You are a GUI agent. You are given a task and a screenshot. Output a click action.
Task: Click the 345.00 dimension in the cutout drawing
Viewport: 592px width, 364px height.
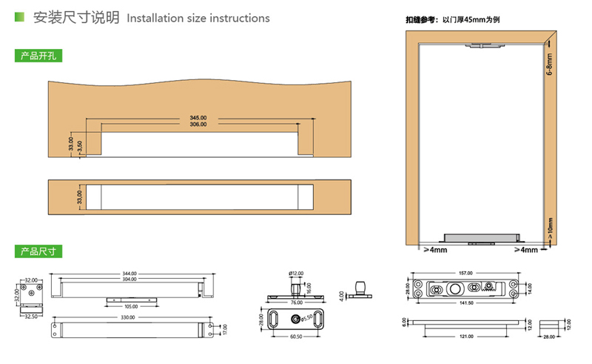(x=198, y=118)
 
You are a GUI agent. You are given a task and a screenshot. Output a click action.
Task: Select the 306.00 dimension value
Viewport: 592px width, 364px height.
(x=198, y=125)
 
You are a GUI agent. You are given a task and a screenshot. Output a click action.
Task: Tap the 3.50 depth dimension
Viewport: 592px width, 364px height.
(x=80, y=147)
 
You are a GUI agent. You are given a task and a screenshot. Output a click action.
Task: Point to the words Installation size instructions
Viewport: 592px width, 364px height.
(x=198, y=18)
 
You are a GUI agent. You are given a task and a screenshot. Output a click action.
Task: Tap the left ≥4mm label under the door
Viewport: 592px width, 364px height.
(x=436, y=251)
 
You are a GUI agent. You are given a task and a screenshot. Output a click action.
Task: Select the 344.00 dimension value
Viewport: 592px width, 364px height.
(x=129, y=274)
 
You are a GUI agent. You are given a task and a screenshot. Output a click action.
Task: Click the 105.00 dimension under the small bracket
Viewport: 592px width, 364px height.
(x=132, y=305)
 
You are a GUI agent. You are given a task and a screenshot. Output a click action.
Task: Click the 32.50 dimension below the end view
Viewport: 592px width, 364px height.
(x=30, y=316)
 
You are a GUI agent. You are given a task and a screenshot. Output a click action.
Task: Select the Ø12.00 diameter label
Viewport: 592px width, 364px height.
(x=296, y=274)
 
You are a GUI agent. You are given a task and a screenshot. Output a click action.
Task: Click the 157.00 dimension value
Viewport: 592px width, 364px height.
(x=465, y=274)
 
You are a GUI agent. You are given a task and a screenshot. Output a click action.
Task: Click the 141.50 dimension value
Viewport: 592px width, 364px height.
(x=465, y=302)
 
